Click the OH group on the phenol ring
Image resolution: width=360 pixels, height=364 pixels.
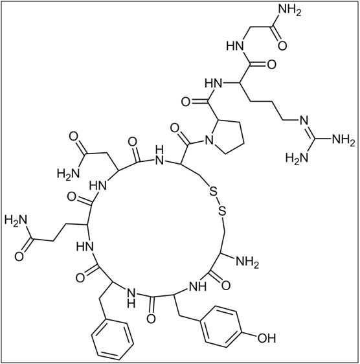[x=267, y=338]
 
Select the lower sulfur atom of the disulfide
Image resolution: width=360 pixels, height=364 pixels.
[x=222, y=210]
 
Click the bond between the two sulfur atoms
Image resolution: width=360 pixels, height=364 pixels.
[x=218, y=201]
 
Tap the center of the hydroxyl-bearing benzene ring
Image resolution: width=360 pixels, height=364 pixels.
[x=221, y=327]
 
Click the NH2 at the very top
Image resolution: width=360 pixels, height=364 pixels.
[x=289, y=10]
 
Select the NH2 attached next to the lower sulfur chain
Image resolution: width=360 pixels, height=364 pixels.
[x=247, y=262]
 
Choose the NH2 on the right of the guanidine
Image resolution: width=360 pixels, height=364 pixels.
[x=344, y=140]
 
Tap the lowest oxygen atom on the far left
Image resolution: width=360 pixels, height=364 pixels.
[x=19, y=256]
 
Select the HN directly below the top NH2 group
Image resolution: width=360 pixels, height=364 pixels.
[x=235, y=45]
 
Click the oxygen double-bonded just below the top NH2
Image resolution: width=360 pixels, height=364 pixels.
[x=282, y=45]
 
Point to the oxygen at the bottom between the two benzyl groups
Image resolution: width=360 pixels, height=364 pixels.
[x=152, y=319]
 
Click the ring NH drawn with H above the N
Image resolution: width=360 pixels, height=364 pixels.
[x=159, y=155]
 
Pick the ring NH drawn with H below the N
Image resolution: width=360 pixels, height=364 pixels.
[x=131, y=298]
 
